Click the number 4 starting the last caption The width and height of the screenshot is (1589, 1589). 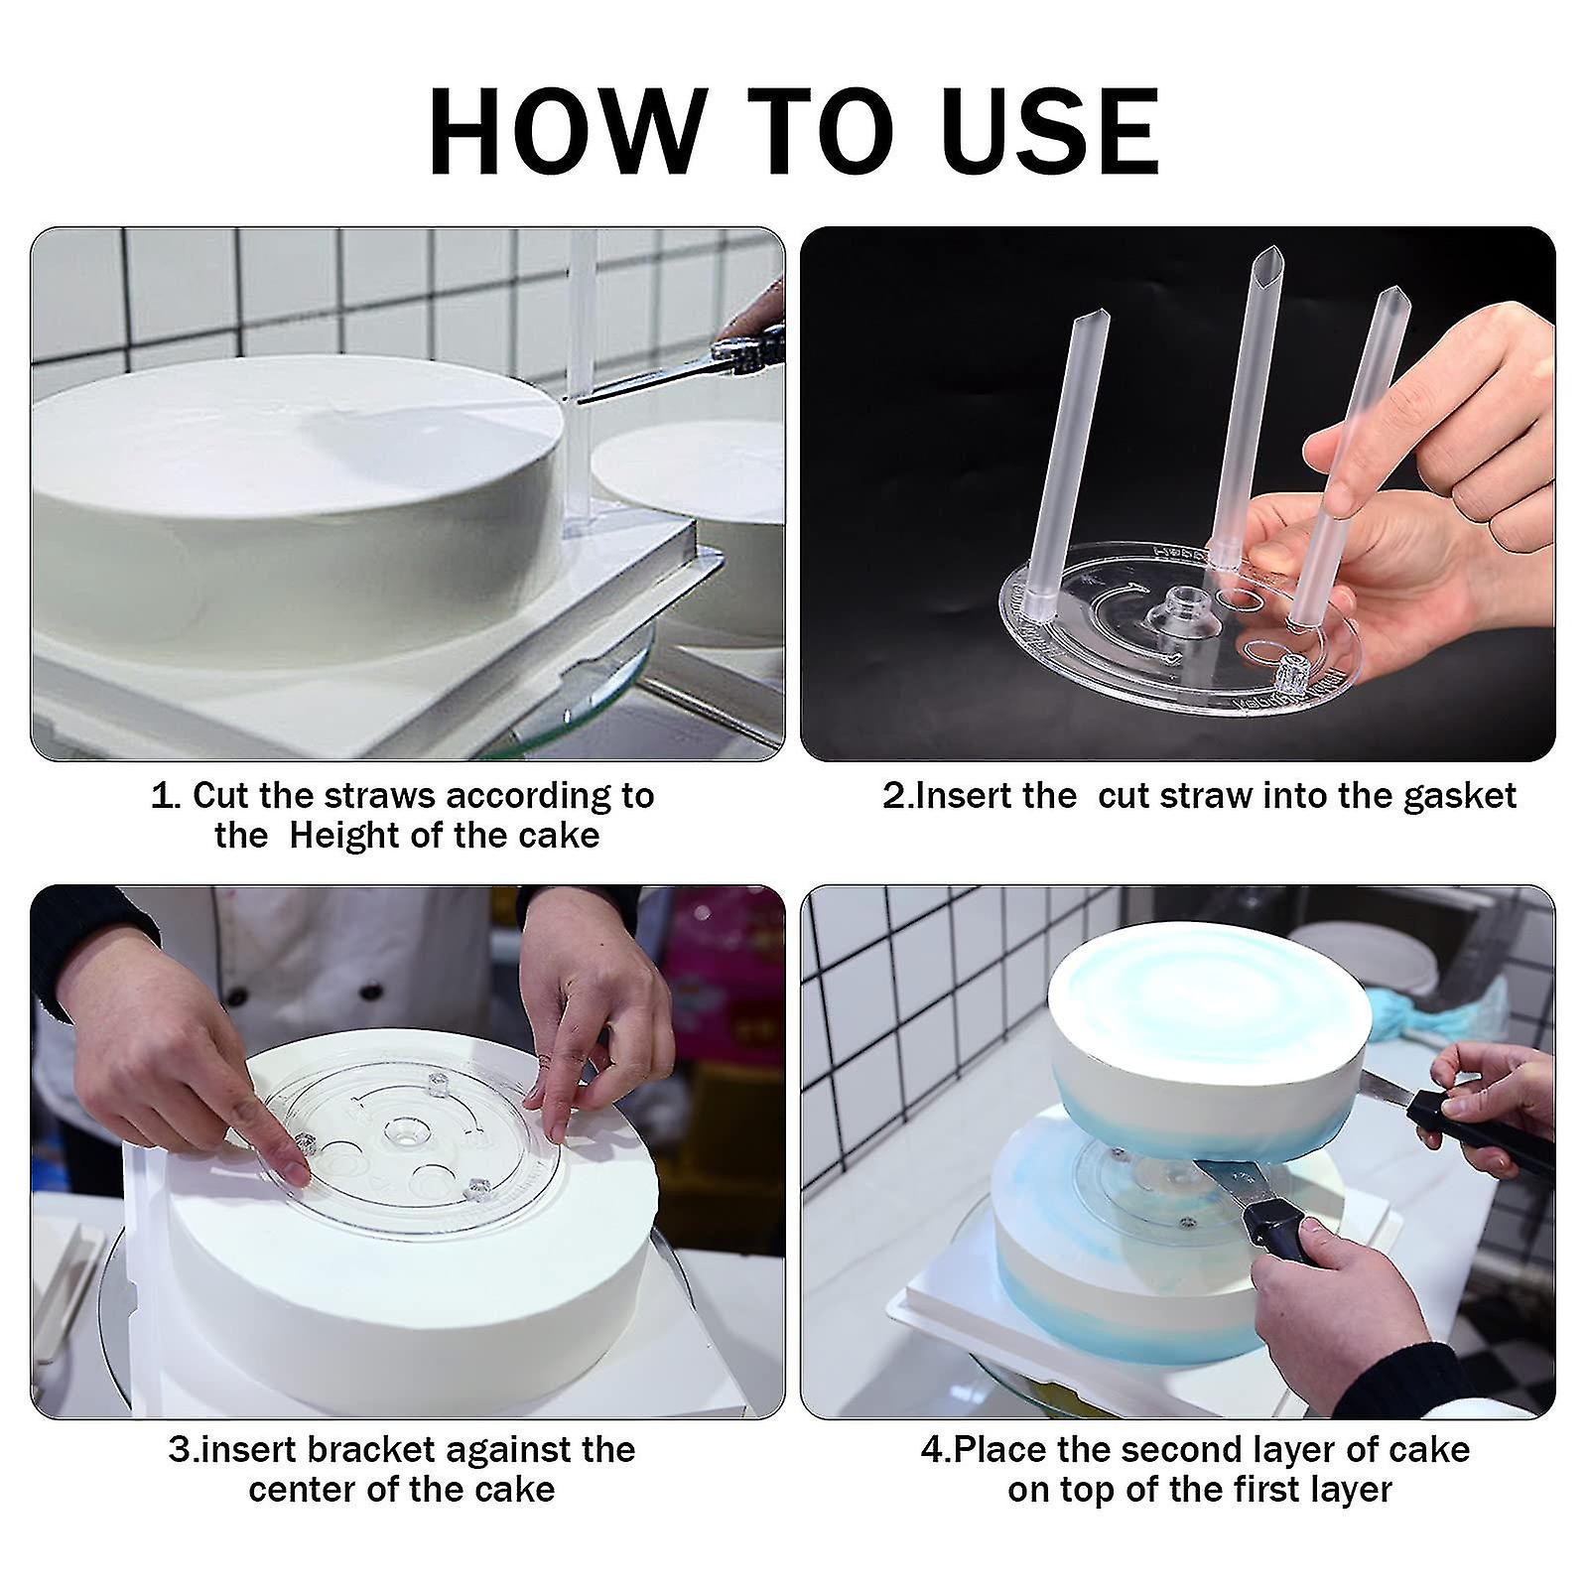point(931,1450)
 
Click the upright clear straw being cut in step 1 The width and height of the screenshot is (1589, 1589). point(581,298)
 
